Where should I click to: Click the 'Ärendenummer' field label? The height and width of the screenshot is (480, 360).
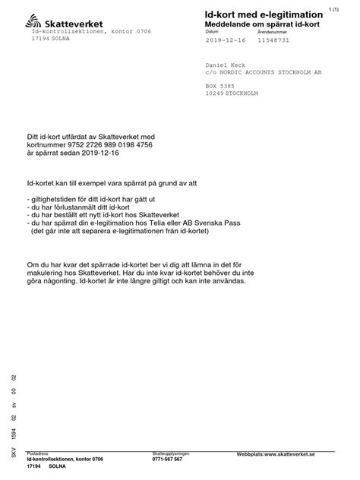[x=270, y=32]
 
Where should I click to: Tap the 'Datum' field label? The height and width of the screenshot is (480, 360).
[x=212, y=32]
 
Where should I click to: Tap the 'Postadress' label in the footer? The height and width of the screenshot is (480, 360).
[x=37, y=453]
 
